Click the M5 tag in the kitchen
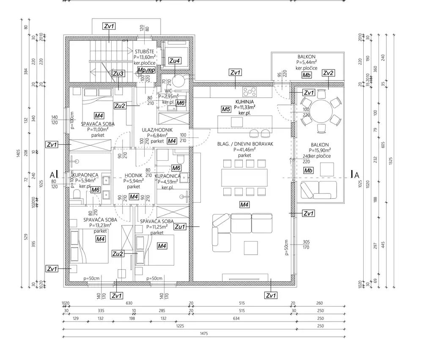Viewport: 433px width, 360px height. coord(226,110)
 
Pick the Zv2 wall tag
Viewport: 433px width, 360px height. coord(328,73)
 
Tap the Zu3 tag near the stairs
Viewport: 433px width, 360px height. coord(118,74)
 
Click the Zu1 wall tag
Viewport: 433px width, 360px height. coord(180,227)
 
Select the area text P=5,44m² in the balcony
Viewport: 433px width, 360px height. coord(307,62)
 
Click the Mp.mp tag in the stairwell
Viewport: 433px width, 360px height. coord(147,69)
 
